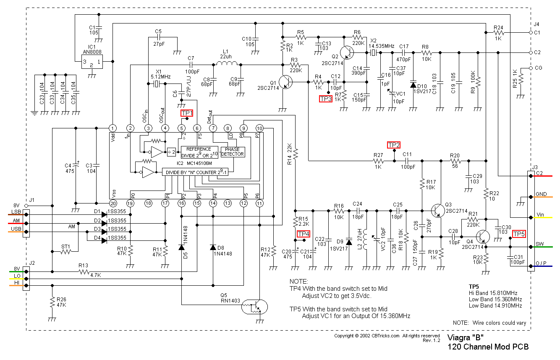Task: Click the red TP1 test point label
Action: [x=187, y=113]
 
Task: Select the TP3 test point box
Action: [x=326, y=99]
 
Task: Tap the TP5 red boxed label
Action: [x=519, y=234]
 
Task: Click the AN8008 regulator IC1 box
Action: [x=92, y=61]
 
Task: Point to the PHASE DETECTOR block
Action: [x=232, y=151]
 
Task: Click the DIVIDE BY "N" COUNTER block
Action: [x=197, y=172]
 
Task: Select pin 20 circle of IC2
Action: [x=113, y=203]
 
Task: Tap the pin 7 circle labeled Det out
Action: [x=213, y=128]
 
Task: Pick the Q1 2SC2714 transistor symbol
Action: [x=285, y=82]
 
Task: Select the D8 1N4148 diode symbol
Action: [x=213, y=247]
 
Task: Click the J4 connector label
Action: [x=536, y=24]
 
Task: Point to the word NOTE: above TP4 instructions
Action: [x=298, y=281]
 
